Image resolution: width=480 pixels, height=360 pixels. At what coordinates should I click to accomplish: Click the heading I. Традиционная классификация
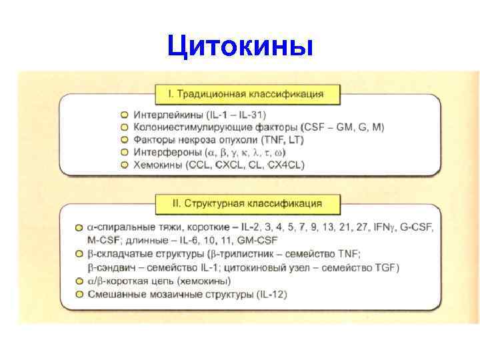(x=247, y=94)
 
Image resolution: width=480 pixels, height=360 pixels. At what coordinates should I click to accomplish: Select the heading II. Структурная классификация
(x=247, y=203)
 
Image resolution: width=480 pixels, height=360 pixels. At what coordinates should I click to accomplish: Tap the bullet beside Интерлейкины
(x=124, y=115)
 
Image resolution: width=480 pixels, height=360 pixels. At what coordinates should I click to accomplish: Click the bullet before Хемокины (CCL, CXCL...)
(x=124, y=165)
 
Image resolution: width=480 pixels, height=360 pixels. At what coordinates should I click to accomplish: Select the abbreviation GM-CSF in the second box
(x=255, y=240)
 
